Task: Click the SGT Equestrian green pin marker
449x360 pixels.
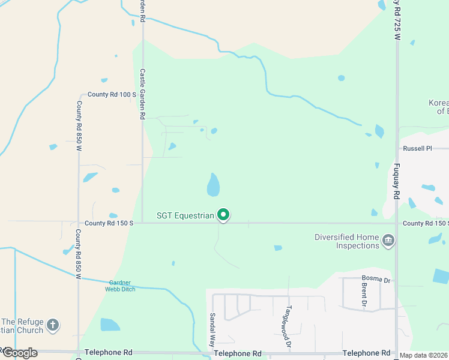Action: click(223, 214)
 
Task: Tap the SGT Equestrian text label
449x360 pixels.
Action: click(185, 215)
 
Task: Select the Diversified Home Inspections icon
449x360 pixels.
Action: click(388, 241)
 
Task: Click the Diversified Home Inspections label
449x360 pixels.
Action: click(347, 241)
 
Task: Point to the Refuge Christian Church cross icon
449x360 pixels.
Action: click(53, 325)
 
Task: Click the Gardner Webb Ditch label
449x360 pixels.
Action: click(122, 286)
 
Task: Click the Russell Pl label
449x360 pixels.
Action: click(417, 148)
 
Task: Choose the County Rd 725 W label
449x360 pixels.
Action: click(397, 20)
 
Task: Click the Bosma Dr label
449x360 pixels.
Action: click(376, 278)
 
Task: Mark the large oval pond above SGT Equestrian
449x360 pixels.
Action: click(213, 185)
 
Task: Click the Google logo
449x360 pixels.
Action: click(19, 353)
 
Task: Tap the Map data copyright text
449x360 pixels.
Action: click(424, 355)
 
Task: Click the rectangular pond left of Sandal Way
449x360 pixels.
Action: click(110, 325)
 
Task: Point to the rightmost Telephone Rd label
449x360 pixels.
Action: click(366, 353)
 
